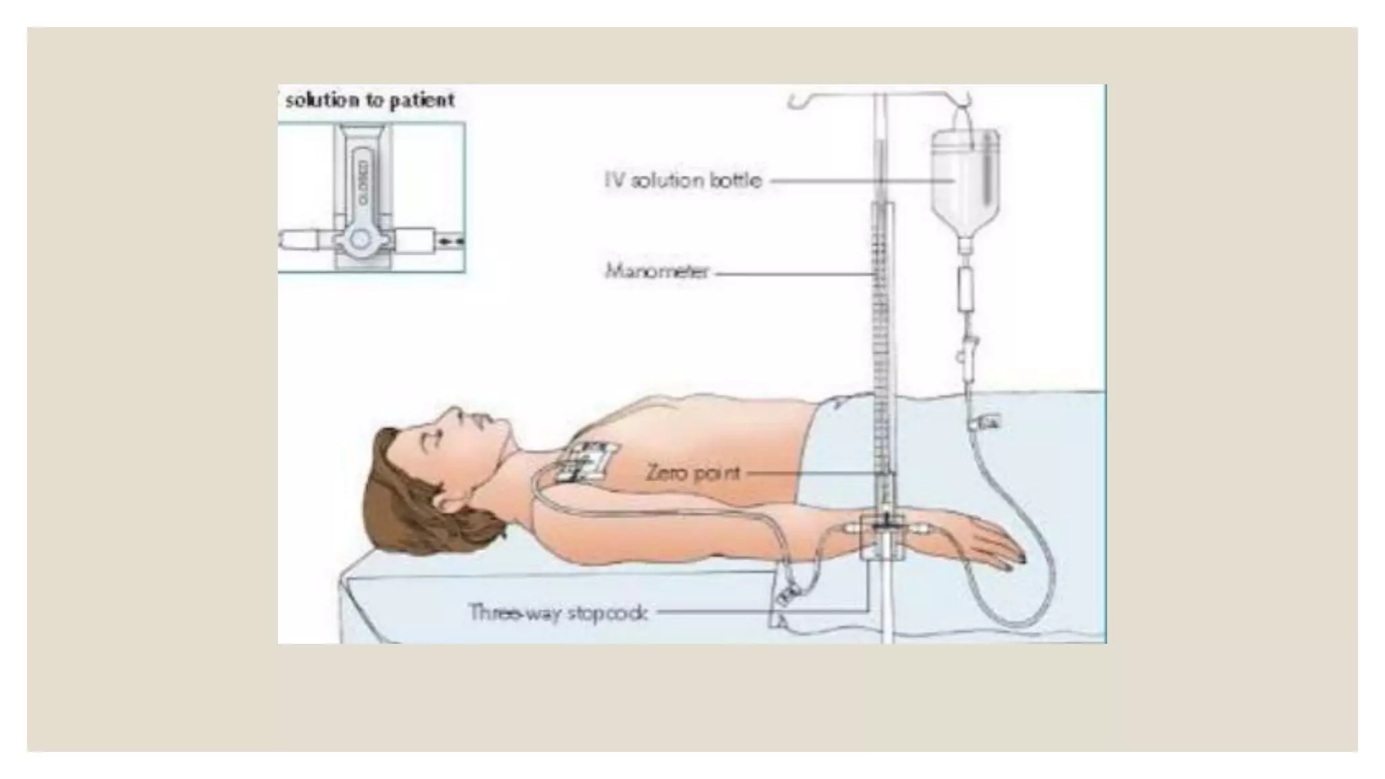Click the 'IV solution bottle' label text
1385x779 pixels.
click(x=683, y=181)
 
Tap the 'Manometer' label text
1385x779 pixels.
click(x=657, y=272)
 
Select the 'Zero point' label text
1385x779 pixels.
click(x=693, y=472)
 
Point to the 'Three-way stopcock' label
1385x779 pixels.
click(x=559, y=613)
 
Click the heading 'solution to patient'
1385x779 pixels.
click(x=369, y=101)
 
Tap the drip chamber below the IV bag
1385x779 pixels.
click(x=965, y=287)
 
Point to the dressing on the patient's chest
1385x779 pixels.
click(x=584, y=462)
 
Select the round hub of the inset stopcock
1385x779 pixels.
click(x=360, y=239)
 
